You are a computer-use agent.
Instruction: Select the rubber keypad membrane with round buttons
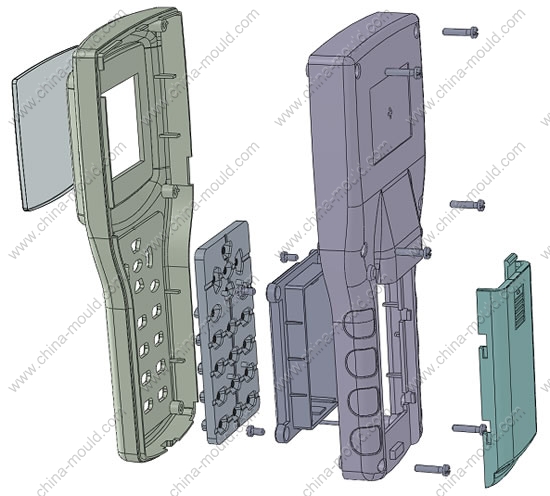(x=228, y=332)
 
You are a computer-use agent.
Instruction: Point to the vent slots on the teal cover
(x=519, y=306)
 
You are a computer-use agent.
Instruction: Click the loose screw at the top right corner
(x=460, y=32)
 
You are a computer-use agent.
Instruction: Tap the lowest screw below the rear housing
(x=432, y=469)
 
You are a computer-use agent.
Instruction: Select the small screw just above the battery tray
(x=289, y=257)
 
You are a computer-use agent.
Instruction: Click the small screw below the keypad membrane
(x=255, y=431)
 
